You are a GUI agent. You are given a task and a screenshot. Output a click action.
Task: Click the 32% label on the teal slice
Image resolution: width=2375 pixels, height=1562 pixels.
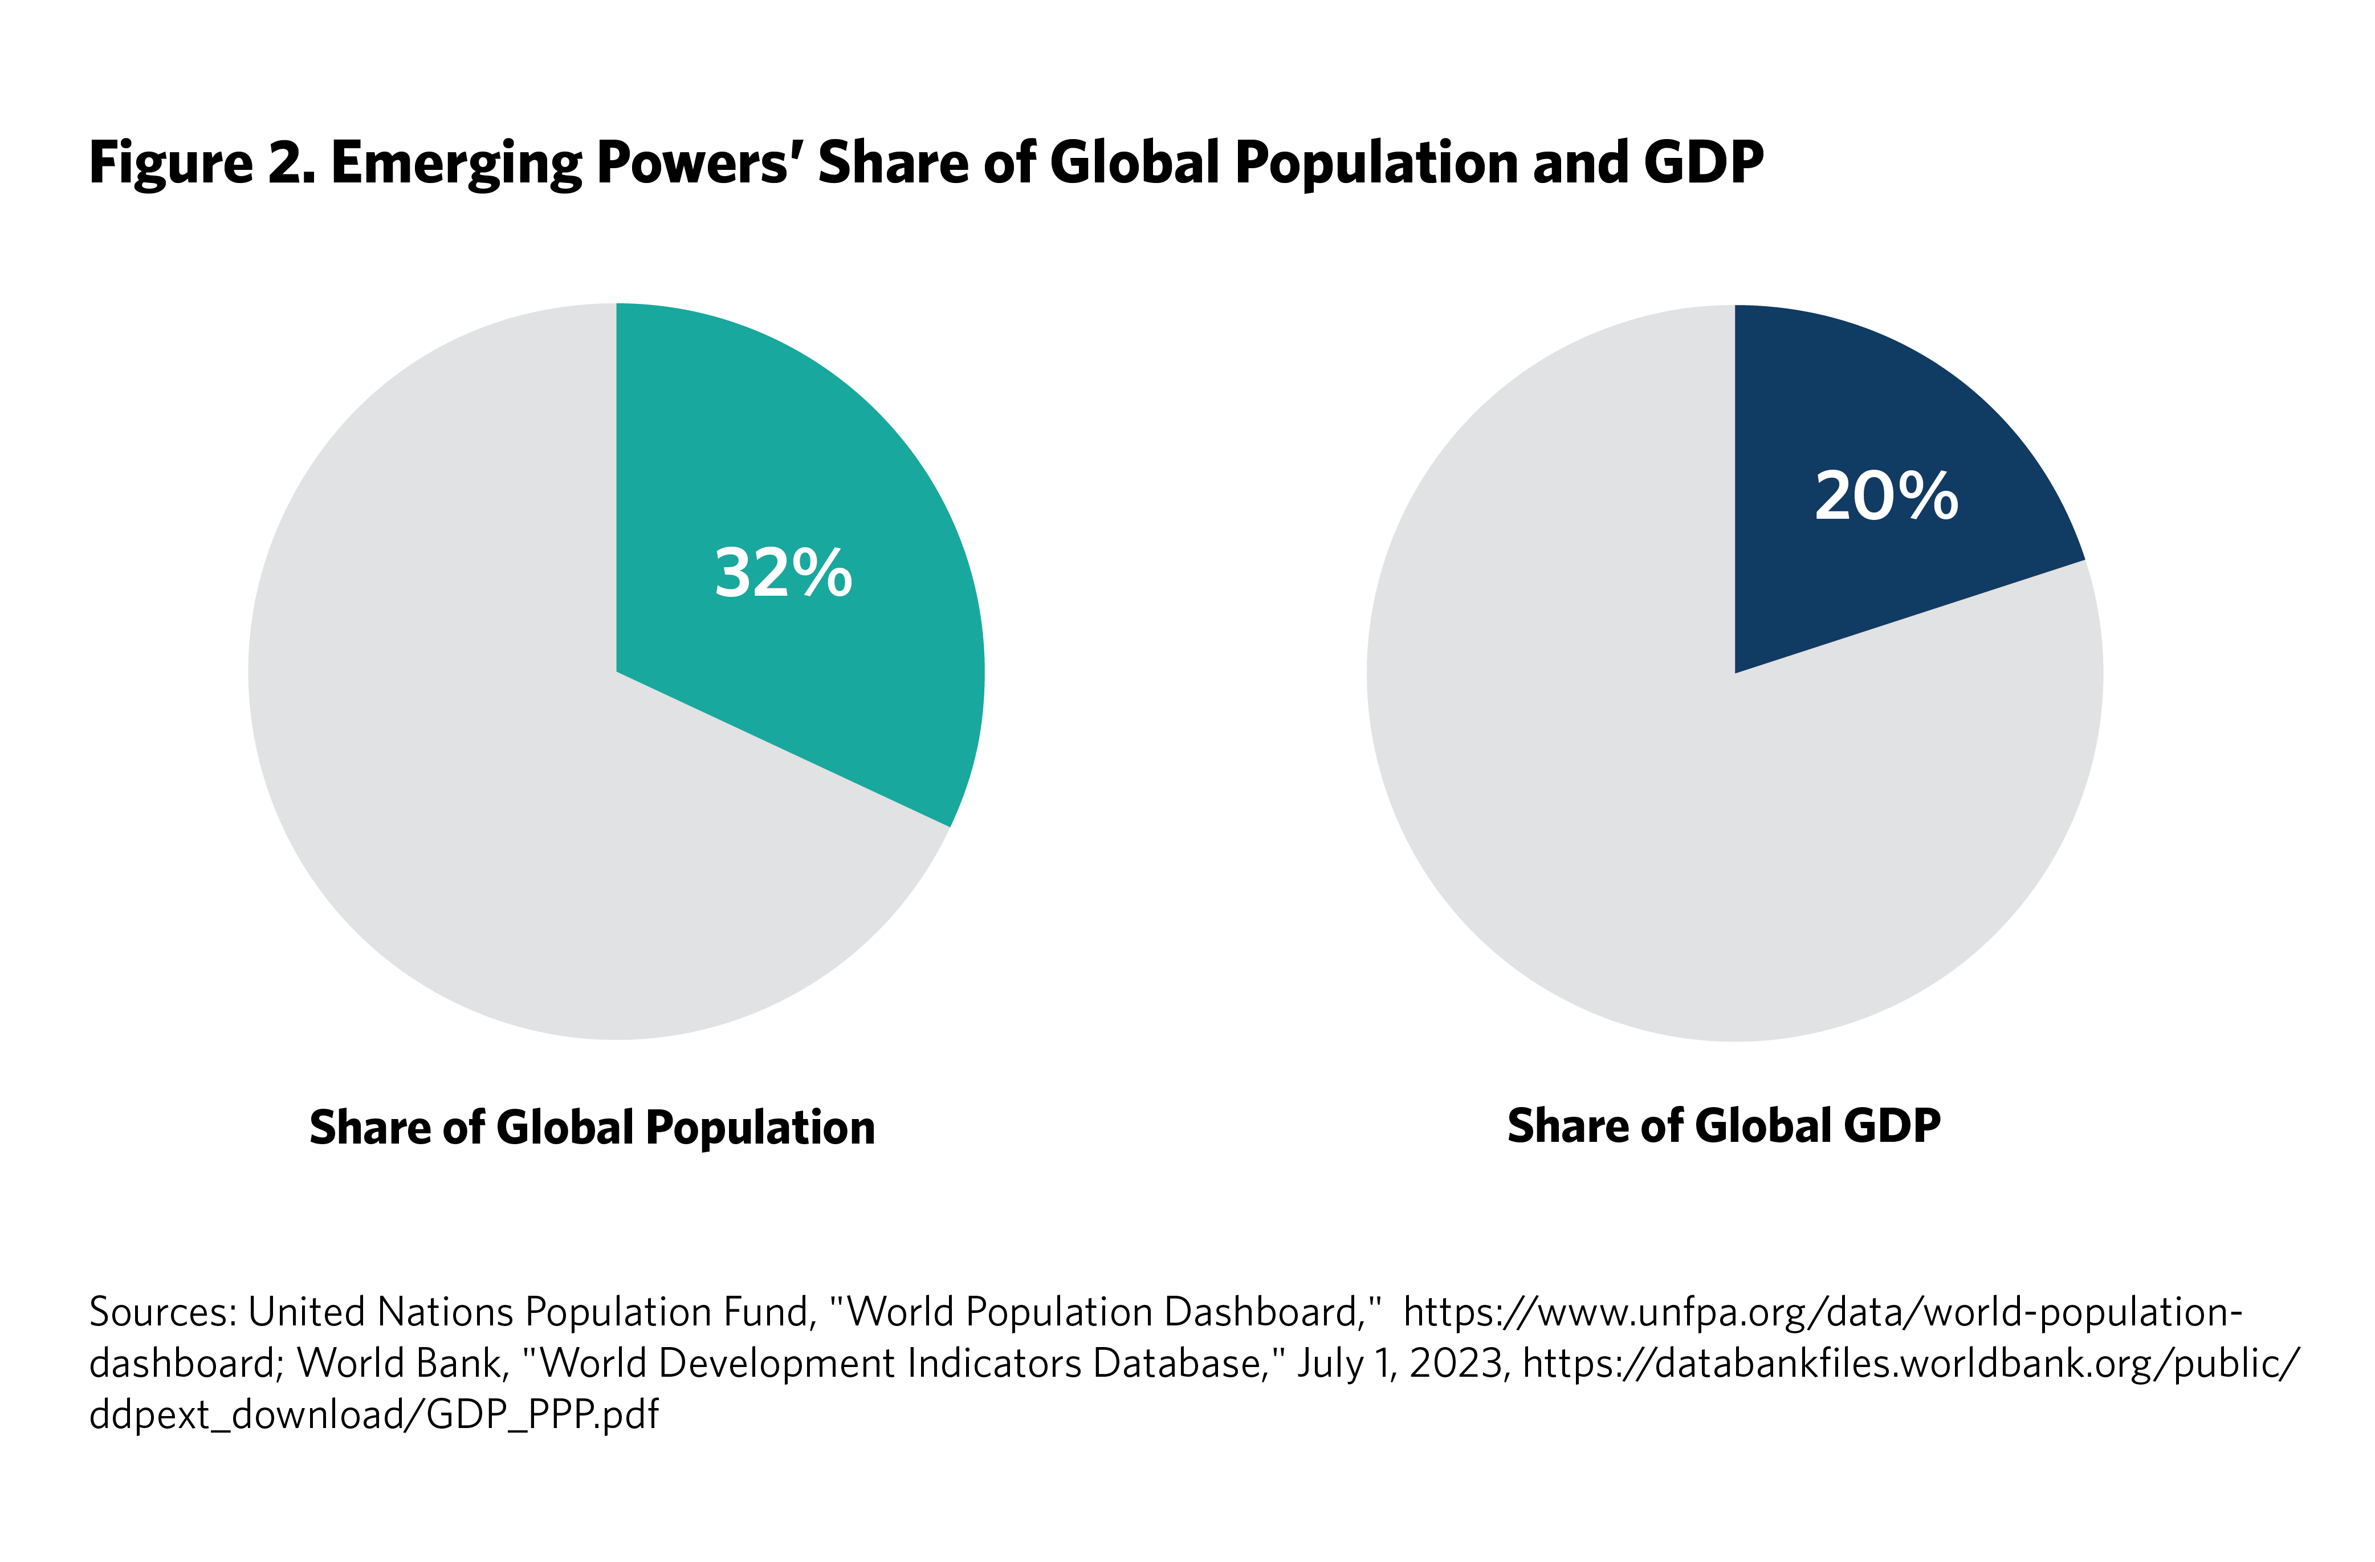point(783,574)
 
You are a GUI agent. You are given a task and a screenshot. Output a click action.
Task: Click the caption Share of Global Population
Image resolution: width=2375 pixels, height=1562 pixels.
point(592,1128)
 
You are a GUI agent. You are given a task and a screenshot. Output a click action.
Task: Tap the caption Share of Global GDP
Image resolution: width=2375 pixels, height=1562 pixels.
point(1724,1126)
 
